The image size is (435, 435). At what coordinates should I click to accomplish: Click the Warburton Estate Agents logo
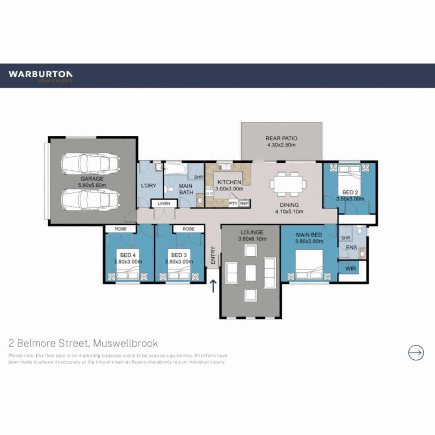click(40, 76)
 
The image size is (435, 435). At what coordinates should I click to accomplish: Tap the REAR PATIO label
click(282, 139)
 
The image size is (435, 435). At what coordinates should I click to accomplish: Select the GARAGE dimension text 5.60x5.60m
click(92, 185)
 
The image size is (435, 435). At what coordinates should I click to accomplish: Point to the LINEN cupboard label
click(164, 204)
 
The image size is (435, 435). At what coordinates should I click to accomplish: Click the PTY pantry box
click(233, 204)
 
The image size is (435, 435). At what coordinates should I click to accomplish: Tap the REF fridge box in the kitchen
click(244, 204)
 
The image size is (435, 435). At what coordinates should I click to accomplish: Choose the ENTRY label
click(213, 256)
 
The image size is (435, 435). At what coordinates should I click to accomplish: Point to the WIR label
click(351, 268)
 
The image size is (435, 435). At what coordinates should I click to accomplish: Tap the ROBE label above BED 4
click(121, 229)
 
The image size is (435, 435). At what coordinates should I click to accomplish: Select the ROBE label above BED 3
click(188, 229)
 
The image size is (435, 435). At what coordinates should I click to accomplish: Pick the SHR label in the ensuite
click(346, 238)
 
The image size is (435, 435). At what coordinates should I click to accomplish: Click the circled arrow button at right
click(416, 352)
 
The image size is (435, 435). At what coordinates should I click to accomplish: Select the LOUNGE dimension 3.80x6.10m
click(252, 239)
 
